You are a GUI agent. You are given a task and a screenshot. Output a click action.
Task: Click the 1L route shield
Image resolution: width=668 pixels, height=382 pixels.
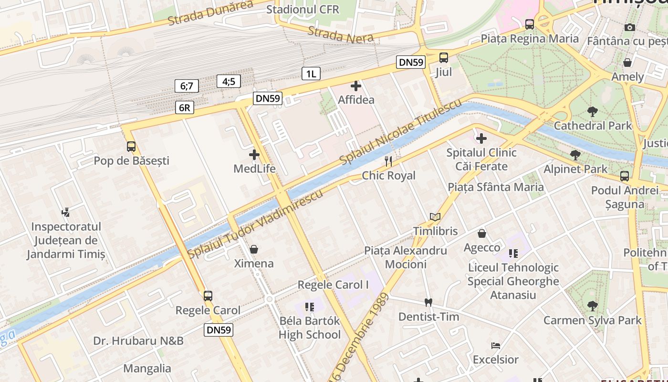pos(311,74)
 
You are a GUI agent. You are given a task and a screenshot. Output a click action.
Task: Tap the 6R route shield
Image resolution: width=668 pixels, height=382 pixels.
pos(185,107)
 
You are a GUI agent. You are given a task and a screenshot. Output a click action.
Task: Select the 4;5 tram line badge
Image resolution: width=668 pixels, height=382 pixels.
pos(229,81)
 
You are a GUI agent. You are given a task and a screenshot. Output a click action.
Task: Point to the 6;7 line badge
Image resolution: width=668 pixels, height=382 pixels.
pos(186,86)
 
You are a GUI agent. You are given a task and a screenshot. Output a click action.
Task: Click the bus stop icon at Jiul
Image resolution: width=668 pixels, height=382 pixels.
pos(444,58)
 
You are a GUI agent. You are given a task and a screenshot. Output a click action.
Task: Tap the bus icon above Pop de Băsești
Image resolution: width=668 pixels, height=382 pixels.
pos(131,147)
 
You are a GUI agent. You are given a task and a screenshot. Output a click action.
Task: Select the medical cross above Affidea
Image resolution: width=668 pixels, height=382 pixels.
pos(356,86)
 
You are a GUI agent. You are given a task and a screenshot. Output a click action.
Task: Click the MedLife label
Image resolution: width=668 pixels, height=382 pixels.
pos(254,169)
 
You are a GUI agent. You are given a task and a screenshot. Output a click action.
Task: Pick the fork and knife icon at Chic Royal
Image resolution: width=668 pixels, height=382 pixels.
pos(388,161)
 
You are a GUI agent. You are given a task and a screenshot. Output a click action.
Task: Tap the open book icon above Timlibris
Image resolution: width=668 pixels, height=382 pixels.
pos(435,217)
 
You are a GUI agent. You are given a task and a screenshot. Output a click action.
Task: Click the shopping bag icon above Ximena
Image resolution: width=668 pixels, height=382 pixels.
pos(254,249)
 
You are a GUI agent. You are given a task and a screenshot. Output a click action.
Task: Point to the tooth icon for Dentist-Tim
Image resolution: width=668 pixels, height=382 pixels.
pos(428,302)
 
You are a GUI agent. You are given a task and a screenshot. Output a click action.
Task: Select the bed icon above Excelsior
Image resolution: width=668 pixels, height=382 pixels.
pos(496,345)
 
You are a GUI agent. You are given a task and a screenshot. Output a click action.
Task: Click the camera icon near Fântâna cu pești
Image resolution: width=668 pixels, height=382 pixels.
pos(630,27)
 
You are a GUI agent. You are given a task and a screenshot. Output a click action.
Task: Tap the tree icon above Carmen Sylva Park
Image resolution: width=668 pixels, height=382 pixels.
pos(592,306)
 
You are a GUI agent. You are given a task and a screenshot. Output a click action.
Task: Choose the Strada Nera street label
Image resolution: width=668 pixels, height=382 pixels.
pos(340,35)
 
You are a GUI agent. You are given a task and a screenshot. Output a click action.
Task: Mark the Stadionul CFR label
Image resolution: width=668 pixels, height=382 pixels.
pos(303,10)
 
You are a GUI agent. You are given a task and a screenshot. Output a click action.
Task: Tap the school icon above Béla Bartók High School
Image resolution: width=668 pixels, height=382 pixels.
pos(310,307)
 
